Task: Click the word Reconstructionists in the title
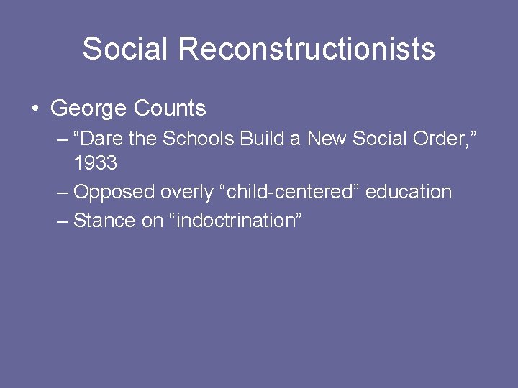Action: [x=306, y=49]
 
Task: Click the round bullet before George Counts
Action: [x=34, y=109]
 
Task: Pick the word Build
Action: [x=262, y=138]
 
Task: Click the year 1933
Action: [x=95, y=164]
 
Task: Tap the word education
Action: [x=409, y=192]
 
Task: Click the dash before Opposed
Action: [x=63, y=193]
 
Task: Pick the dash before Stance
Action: [x=63, y=221]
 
